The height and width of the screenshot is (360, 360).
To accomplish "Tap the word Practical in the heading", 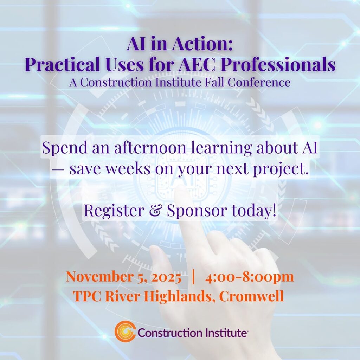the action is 62,64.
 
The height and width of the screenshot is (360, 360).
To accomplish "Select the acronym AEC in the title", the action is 197,64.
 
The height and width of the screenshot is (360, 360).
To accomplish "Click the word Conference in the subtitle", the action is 259,82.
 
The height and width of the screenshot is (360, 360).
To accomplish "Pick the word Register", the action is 114,210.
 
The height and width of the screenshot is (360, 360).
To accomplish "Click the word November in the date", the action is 99,276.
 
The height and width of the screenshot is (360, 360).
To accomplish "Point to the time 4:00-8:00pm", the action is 250,277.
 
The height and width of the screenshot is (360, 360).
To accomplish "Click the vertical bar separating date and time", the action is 193,277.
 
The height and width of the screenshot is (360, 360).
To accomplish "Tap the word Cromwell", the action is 251,296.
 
